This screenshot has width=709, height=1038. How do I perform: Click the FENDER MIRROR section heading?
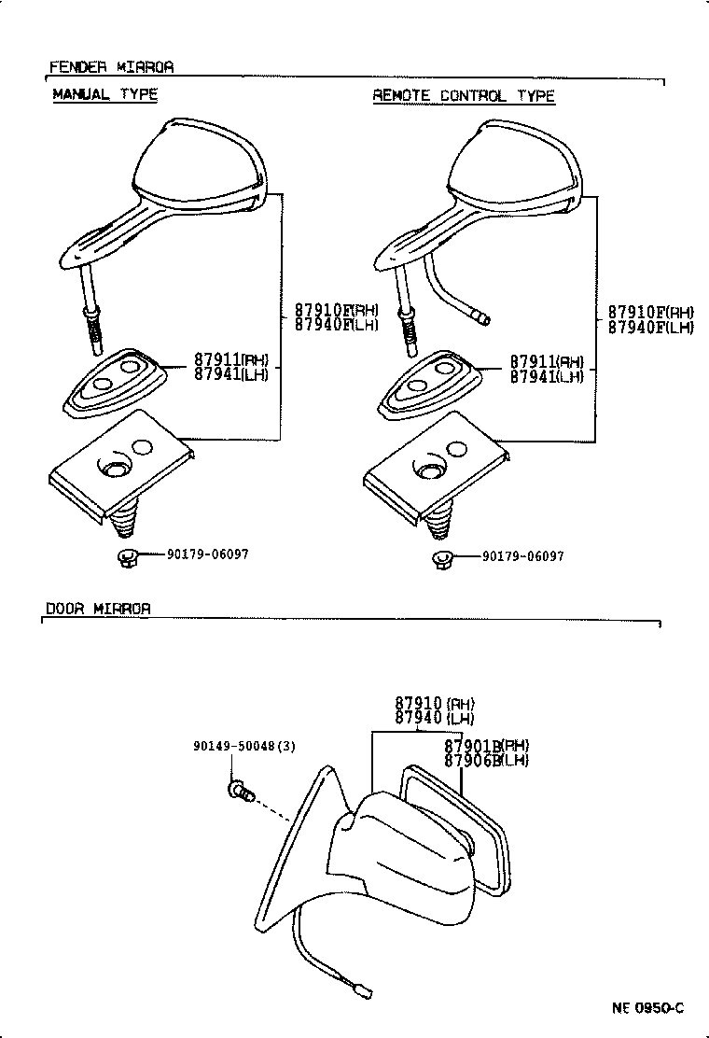(x=111, y=67)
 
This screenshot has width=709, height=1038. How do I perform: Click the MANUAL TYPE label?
(x=104, y=94)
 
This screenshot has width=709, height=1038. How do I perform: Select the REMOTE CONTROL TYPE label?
(x=464, y=95)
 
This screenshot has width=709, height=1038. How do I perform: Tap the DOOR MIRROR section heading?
(x=98, y=609)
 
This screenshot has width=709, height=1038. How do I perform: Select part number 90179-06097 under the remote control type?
(x=522, y=556)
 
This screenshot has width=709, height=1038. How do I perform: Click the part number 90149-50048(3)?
(x=231, y=746)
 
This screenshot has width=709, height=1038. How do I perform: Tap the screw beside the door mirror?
(x=240, y=791)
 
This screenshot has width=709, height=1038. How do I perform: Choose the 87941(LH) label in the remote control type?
(x=547, y=376)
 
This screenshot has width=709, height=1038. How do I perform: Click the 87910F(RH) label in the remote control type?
(x=650, y=312)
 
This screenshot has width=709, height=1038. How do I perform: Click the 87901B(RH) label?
(x=486, y=745)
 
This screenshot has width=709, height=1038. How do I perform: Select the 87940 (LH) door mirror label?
(x=434, y=718)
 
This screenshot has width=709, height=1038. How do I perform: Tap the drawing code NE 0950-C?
(x=647, y=1007)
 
